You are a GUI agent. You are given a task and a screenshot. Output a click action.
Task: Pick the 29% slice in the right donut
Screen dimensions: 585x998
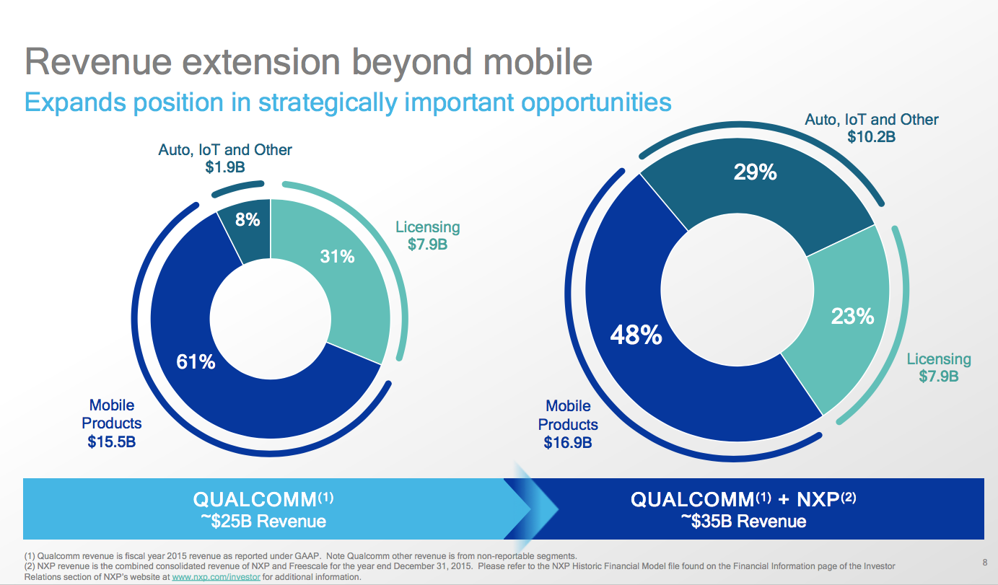755,188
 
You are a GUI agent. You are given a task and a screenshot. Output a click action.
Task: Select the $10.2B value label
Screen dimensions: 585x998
872,136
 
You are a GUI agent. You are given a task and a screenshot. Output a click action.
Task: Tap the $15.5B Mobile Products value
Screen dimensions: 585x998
112,441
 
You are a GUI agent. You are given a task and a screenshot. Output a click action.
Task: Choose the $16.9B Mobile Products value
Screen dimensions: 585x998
568,441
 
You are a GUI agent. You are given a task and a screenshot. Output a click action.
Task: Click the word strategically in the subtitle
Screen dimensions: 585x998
327,102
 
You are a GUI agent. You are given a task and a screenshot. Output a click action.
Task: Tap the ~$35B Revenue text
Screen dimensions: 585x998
743,521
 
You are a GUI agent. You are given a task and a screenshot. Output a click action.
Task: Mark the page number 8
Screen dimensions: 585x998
984,562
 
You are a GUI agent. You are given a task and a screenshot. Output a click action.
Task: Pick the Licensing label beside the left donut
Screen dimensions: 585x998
427,227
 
